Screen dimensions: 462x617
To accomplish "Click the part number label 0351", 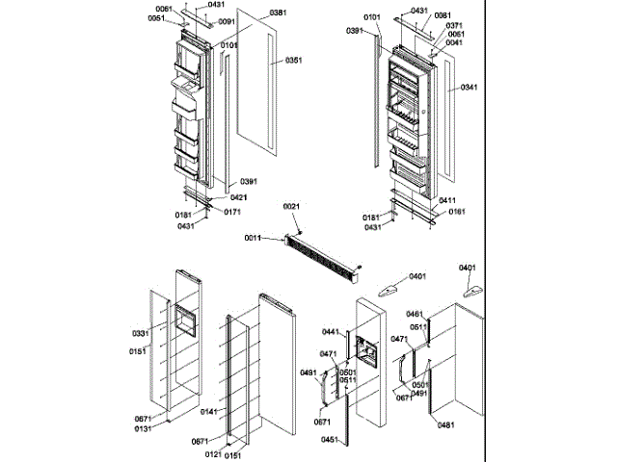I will point(293,60).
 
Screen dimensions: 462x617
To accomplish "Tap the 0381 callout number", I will point(278,13).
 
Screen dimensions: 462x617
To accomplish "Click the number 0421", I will point(238,197).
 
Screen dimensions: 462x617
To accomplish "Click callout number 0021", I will point(292,207).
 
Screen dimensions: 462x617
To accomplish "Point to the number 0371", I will point(454,25).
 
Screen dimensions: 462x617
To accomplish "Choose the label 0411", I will point(447,200).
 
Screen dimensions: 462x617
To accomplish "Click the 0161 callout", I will point(456,212).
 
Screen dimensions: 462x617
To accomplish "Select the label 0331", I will point(141,333).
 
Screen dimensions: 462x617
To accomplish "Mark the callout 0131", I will point(144,429).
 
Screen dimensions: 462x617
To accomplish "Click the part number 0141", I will point(208,412).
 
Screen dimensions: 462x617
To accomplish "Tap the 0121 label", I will point(214,453).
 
